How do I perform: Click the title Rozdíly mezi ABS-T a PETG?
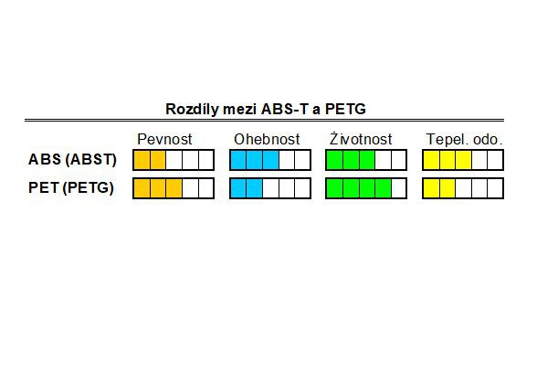coord(266,109)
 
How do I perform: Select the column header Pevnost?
coord(164,139)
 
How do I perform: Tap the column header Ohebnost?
coord(267,139)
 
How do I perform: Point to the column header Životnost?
coord(361,139)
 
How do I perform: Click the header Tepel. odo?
coord(465,139)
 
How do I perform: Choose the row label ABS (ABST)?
coord(72,159)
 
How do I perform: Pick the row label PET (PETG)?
coord(71,187)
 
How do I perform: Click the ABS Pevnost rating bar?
coord(174,160)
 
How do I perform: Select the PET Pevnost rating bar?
coord(174,188)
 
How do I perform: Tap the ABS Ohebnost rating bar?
coord(270,160)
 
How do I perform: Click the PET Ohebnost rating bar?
coord(270,188)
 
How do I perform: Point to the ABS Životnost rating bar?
coord(366,160)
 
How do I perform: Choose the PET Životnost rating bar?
coord(366,188)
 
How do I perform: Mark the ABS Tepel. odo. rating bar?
coord(463,160)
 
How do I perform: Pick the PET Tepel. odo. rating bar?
coord(463,188)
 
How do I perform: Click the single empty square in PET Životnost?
coord(398,188)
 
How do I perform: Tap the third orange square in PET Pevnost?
coord(174,188)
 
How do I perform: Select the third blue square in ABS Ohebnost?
coord(271,160)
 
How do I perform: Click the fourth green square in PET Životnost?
coord(384,188)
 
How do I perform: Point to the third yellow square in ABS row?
coord(464,160)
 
